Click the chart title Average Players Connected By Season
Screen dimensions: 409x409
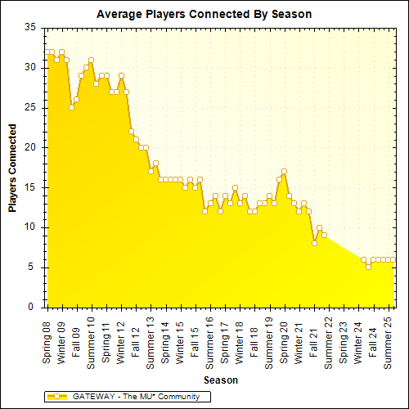[x=204, y=15]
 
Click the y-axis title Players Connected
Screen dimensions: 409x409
[x=13, y=168]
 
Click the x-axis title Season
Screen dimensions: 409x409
[x=220, y=381]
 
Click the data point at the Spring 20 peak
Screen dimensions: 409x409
[x=284, y=172]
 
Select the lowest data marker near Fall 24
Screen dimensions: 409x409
[x=368, y=267]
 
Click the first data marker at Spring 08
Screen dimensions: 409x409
[x=47, y=52]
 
